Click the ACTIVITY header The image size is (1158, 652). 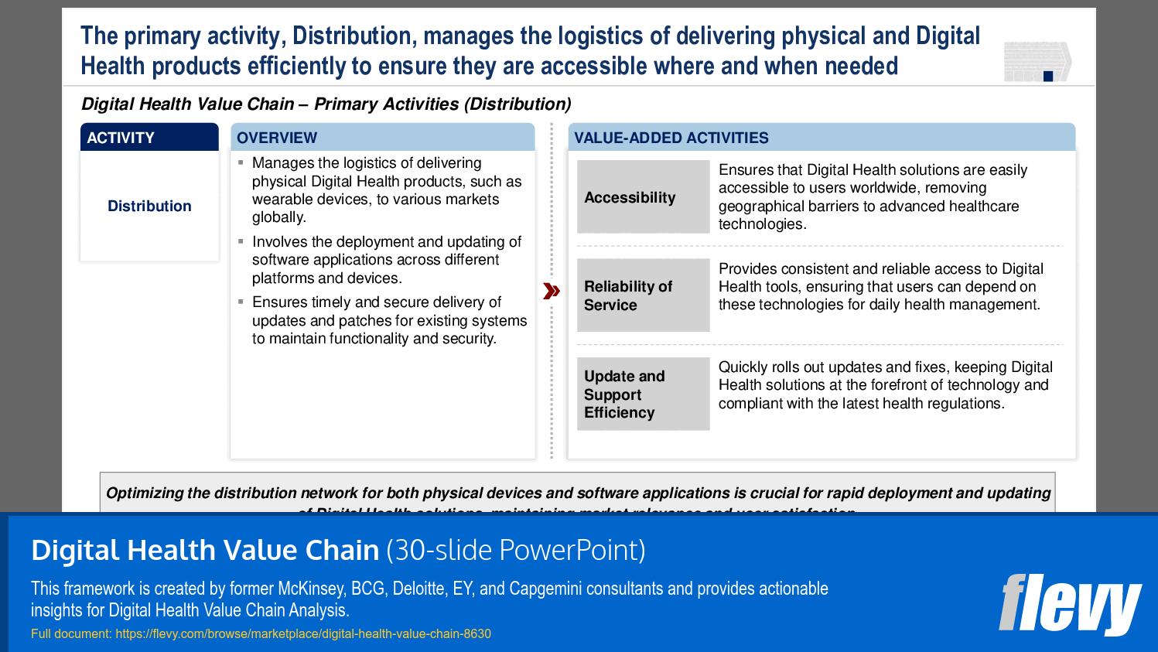point(121,138)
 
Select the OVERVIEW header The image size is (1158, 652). point(277,138)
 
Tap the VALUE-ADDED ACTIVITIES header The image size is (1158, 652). point(671,138)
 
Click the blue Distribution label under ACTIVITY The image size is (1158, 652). point(149,206)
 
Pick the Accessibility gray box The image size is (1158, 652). point(643,197)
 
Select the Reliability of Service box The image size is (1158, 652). point(643,295)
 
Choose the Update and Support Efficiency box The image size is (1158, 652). point(643,394)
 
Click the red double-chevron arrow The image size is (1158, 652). point(552,291)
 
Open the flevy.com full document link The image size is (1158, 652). point(302,633)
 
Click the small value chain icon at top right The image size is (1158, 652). point(1037,62)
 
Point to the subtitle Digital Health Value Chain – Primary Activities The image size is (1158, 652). point(326,104)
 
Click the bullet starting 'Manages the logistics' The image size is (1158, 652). point(387,190)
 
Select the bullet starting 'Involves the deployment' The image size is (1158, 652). point(387,260)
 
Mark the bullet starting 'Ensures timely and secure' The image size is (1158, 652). point(389,320)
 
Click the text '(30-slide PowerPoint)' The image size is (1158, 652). point(516,550)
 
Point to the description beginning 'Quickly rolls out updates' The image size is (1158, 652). point(885,385)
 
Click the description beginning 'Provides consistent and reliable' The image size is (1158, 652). point(880,286)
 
